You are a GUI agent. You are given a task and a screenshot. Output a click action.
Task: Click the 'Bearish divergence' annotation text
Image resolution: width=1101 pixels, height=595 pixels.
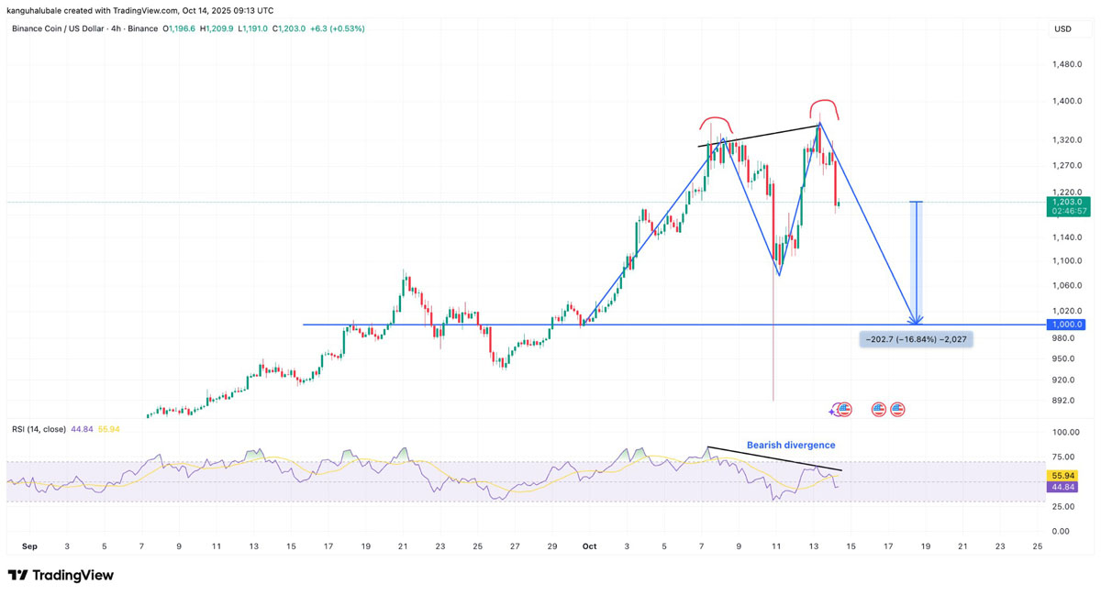coord(790,446)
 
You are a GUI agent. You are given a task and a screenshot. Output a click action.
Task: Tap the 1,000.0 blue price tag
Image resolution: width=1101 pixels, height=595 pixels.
coord(1068,325)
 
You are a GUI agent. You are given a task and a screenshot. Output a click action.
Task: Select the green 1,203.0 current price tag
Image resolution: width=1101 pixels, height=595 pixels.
coord(1068,202)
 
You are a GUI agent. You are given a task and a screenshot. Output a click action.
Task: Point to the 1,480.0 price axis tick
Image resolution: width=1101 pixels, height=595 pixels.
coord(1068,64)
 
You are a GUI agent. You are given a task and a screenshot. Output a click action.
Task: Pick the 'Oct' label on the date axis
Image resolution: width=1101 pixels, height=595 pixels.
coord(589,546)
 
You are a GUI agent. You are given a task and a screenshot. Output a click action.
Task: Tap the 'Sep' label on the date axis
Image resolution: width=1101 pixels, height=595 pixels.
coord(29,546)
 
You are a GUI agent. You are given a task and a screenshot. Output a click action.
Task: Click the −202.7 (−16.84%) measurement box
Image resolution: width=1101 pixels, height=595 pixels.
coord(914,339)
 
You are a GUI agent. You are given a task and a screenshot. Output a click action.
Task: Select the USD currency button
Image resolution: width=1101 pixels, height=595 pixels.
coord(1062,29)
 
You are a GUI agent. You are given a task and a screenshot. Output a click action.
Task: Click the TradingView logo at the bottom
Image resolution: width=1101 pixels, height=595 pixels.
coord(61,576)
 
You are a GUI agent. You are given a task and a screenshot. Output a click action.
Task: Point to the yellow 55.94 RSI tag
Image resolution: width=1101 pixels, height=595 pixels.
coord(1062,476)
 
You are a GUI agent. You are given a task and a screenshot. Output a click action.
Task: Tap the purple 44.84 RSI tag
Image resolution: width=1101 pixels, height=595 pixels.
coord(1062,487)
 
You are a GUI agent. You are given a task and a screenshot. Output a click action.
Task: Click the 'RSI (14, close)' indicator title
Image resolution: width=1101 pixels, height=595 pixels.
coord(39,429)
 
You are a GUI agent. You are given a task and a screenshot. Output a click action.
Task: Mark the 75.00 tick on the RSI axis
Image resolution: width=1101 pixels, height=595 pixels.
coord(1062,457)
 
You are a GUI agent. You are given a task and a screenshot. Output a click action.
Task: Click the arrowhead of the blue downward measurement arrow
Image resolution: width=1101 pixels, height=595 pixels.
coord(916,320)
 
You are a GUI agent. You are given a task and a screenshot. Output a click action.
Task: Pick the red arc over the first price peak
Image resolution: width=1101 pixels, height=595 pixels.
coord(716,122)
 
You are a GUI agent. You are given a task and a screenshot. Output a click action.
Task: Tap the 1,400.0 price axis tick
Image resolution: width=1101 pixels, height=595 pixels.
coord(1068,101)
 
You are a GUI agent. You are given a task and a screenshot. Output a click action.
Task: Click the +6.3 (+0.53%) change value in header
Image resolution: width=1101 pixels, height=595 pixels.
coord(337,29)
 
